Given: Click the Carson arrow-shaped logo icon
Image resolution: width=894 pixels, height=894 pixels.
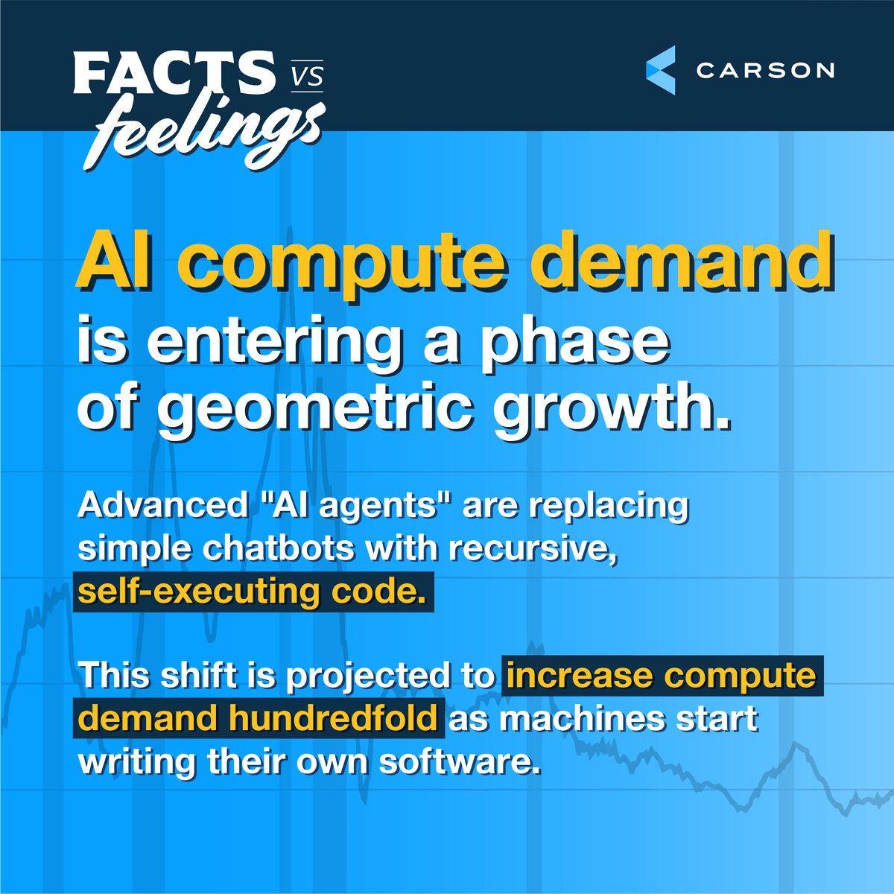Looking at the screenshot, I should pos(661,70).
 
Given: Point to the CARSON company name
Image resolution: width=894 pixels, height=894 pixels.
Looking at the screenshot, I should pos(765,71).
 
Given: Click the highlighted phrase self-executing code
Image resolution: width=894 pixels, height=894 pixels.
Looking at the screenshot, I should pos(253,592).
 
